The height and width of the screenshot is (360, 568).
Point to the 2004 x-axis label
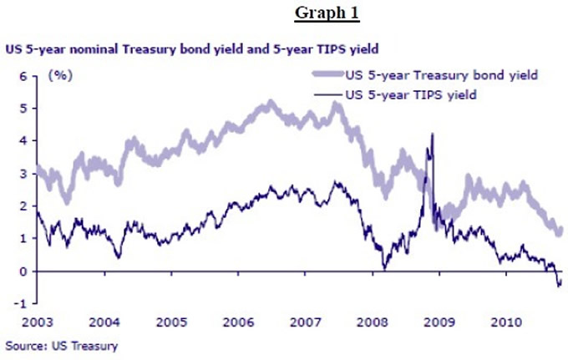pyautogui.click(x=104, y=321)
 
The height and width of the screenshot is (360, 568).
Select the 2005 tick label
pyautogui.click(x=171, y=321)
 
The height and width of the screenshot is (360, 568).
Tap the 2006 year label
pyautogui.click(x=239, y=321)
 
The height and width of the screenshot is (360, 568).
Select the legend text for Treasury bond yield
pyautogui.click(x=440, y=74)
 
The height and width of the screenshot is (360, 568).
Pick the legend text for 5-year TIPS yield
pyautogui.click(x=410, y=94)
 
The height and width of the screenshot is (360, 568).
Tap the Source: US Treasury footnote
pyautogui.click(x=62, y=345)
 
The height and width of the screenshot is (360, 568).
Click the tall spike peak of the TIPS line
pyautogui.click(x=431, y=134)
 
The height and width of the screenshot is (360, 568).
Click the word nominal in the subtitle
pyautogui.click(x=93, y=48)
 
